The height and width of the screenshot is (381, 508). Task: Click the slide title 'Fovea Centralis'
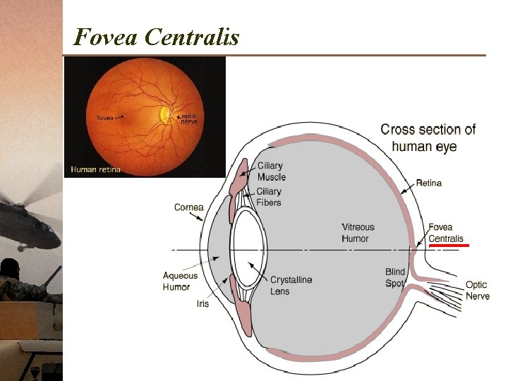(x=157, y=36)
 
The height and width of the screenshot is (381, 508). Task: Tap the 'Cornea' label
(x=188, y=207)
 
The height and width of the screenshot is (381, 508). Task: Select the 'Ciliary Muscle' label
(x=271, y=171)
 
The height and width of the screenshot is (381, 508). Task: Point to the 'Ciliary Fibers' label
(x=269, y=197)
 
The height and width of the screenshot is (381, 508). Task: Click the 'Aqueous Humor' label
(x=181, y=282)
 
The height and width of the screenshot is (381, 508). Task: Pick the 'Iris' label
(x=202, y=304)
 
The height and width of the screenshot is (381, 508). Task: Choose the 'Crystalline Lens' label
(x=291, y=285)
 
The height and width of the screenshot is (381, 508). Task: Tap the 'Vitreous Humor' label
(x=358, y=233)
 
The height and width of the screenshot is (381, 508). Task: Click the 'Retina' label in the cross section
(x=428, y=183)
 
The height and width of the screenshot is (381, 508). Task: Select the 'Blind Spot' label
(x=395, y=277)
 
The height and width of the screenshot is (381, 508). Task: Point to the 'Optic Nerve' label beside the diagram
(x=477, y=291)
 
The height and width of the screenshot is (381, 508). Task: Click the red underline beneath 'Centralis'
(x=449, y=246)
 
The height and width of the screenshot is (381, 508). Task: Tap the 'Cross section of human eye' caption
(x=428, y=138)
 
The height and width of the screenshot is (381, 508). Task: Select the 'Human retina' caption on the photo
(x=95, y=169)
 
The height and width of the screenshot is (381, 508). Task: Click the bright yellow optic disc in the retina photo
(x=164, y=114)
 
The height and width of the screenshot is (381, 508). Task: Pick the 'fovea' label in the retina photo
(x=106, y=117)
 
